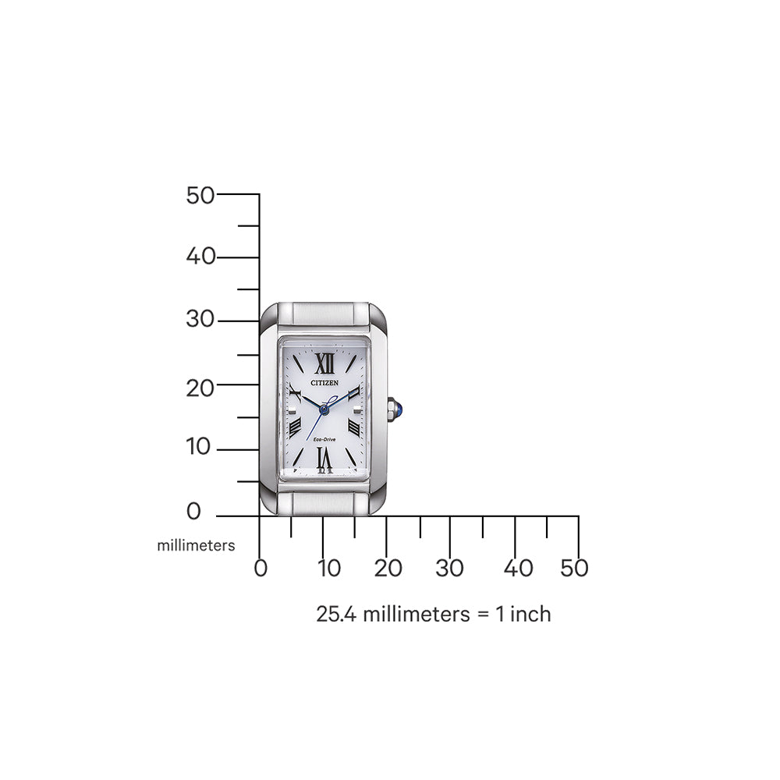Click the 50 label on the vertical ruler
[x=200, y=195]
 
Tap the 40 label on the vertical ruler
[x=200, y=257]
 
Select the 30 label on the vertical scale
[x=200, y=320]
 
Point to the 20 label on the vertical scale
[x=200, y=386]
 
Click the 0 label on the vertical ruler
[x=193, y=512]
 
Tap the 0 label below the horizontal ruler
[x=261, y=569]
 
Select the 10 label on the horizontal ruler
[x=329, y=569]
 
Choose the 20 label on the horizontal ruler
[x=388, y=569]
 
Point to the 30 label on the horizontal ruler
[x=450, y=569]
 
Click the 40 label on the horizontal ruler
[x=518, y=569]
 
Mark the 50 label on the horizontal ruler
[x=574, y=569]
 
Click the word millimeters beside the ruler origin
[x=196, y=546]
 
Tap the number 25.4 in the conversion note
[x=337, y=614]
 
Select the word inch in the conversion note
[x=530, y=614]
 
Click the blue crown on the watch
[x=399, y=406]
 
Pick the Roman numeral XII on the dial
[x=324, y=363]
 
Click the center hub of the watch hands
[x=324, y=407]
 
